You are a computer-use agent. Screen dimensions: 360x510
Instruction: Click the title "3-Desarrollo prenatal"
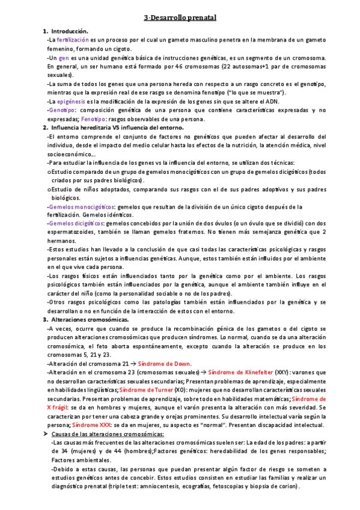pos(180,19)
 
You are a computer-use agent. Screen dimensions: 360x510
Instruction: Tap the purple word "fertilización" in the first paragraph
pos(71,39)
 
